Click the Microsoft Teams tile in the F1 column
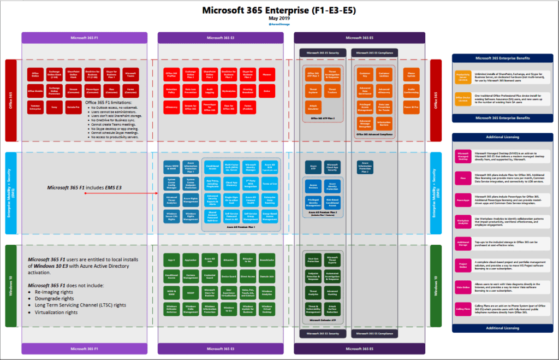click(130, 74)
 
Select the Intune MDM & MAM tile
click(172, 166)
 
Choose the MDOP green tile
click(190, 292)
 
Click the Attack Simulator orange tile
click(313, 108)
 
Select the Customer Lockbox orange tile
click(384, 74)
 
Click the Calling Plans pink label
click(462, 309)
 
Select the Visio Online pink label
click(462, 287)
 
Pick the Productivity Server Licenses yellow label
click(462, 76)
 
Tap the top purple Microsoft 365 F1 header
click(84, 38)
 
